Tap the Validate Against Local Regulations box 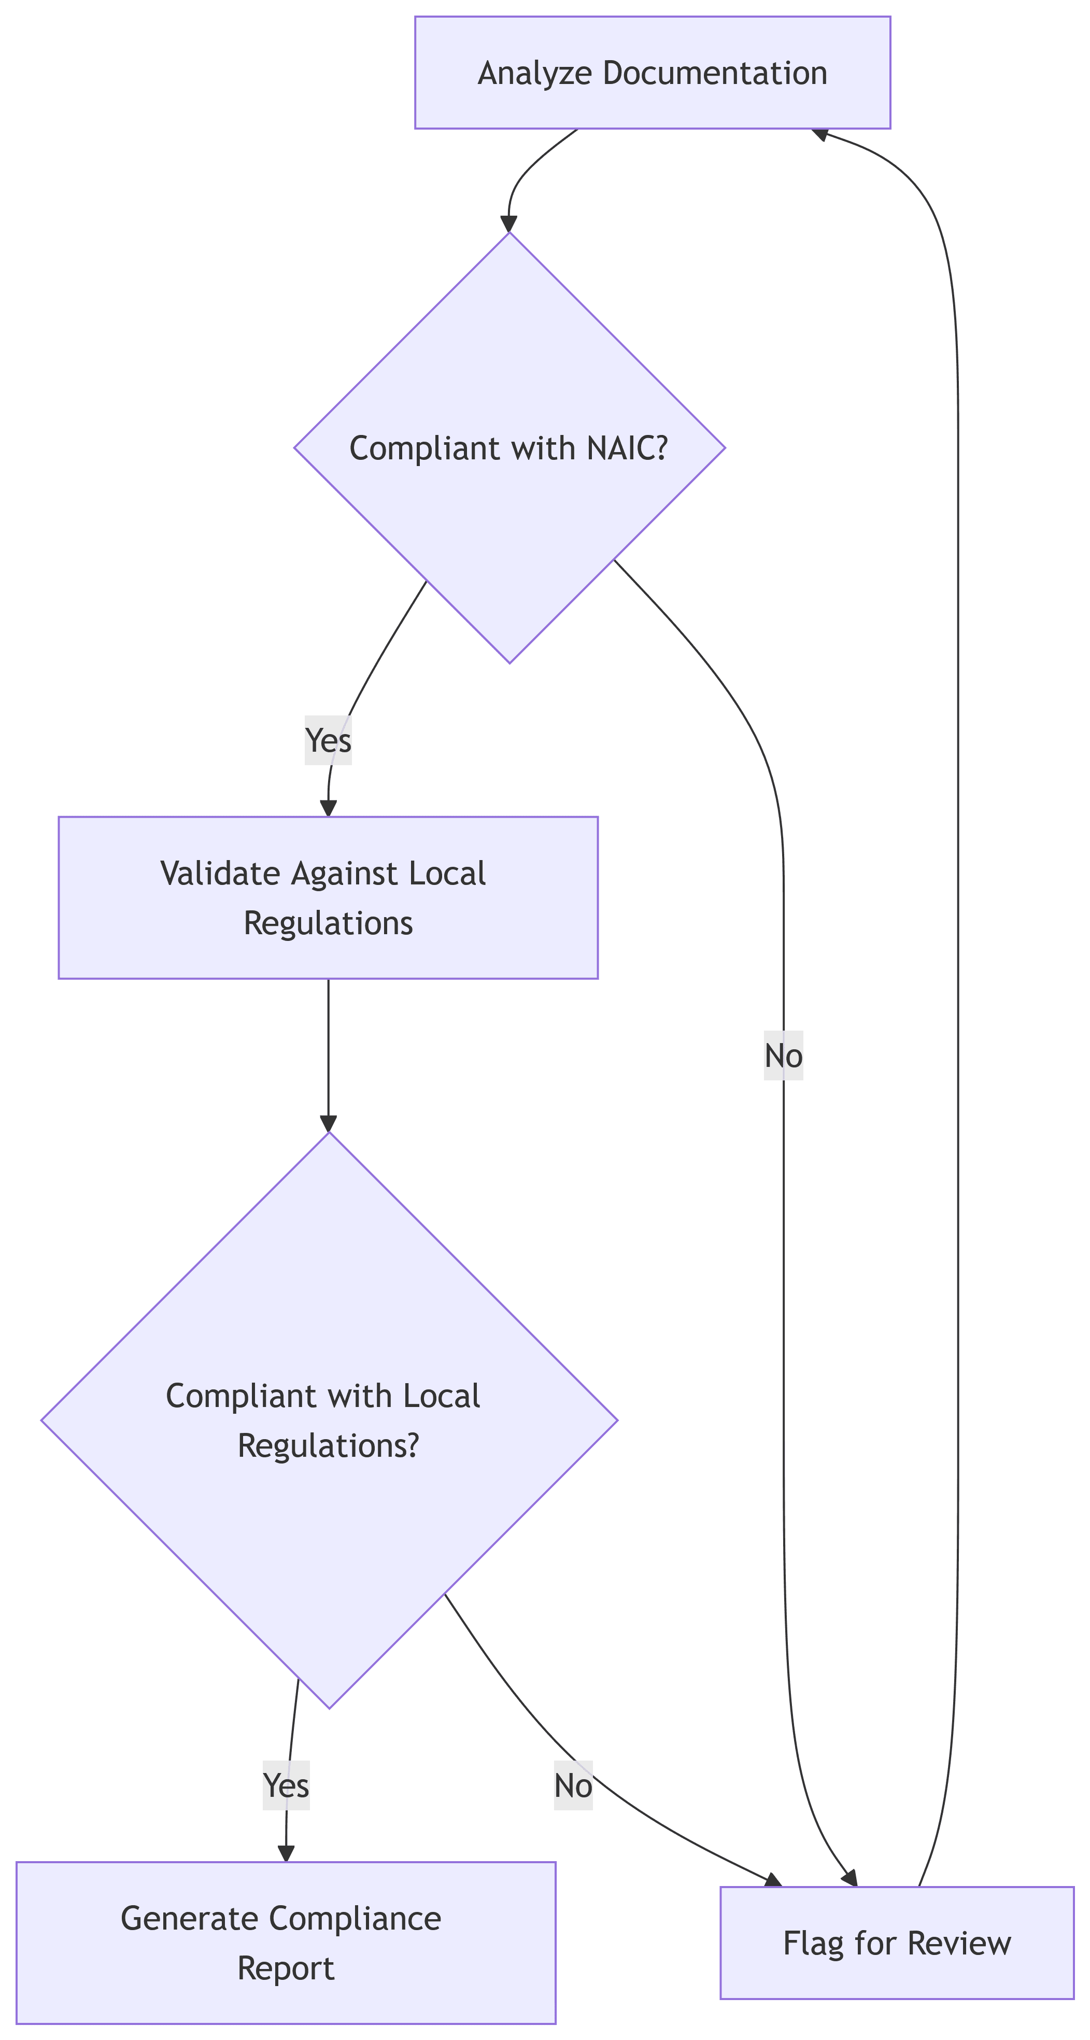coord(328,897)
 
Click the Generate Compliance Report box coord(286,1942)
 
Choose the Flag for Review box coord(896,1943)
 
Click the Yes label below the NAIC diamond coord(328,740)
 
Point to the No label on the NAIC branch coord(783,1056)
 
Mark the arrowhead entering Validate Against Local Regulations coord(328,808)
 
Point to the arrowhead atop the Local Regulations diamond coord(328,1124)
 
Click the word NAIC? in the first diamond coord(628,449)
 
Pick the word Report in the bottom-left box coord(286,1967)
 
